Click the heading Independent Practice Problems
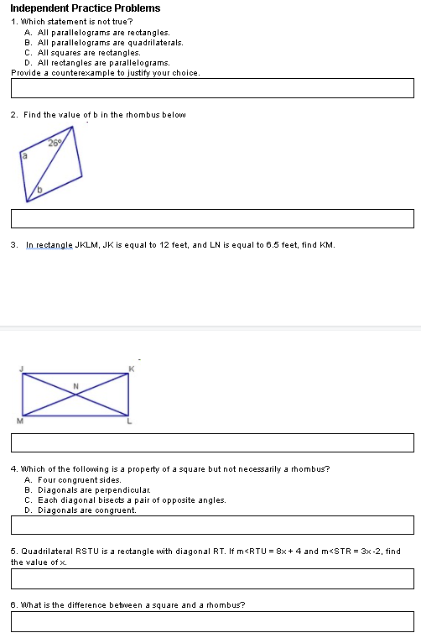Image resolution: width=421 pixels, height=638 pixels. (85, 8)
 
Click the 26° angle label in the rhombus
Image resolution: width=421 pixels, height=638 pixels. (55, 144)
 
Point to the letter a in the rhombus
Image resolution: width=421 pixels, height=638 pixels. (24, 155)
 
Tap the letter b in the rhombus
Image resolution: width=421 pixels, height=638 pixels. (38, 192)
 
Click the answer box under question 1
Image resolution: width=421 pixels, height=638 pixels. (212, 87)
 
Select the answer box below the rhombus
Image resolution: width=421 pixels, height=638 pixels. (212, 218)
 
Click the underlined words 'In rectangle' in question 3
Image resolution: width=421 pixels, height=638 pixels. (50, 245)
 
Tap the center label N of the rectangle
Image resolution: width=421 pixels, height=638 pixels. (75, 385)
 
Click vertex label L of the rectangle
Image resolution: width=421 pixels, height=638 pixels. (131, 422)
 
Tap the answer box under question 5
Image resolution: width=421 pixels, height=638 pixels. (212, 578)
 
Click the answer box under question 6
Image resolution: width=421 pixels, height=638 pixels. (212, 621)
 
